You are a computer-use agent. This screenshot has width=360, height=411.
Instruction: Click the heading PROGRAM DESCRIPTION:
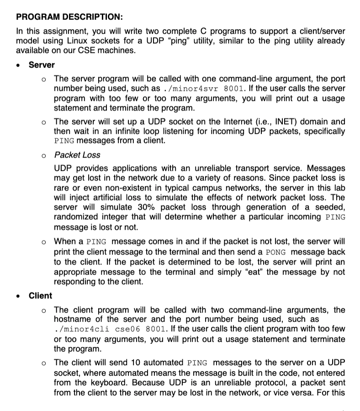(69, 17)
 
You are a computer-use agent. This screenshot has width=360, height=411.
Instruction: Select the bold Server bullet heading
(42, 65)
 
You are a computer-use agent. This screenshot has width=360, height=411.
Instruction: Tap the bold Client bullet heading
(40, 295)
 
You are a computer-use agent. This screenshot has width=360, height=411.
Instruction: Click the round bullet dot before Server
(18, 65)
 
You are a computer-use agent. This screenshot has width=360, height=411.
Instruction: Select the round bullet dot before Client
(18, 296)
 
